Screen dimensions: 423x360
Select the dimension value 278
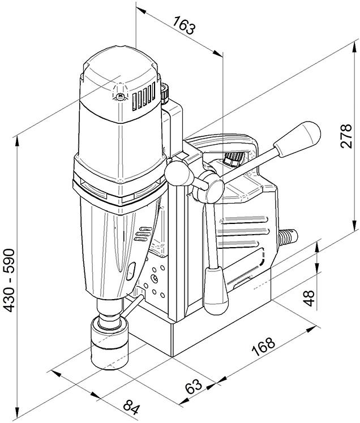346,135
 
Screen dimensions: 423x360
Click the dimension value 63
194,387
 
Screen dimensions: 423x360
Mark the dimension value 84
131,406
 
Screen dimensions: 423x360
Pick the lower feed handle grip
215,291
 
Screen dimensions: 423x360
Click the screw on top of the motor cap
121,97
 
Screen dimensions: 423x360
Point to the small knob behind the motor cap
166,90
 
